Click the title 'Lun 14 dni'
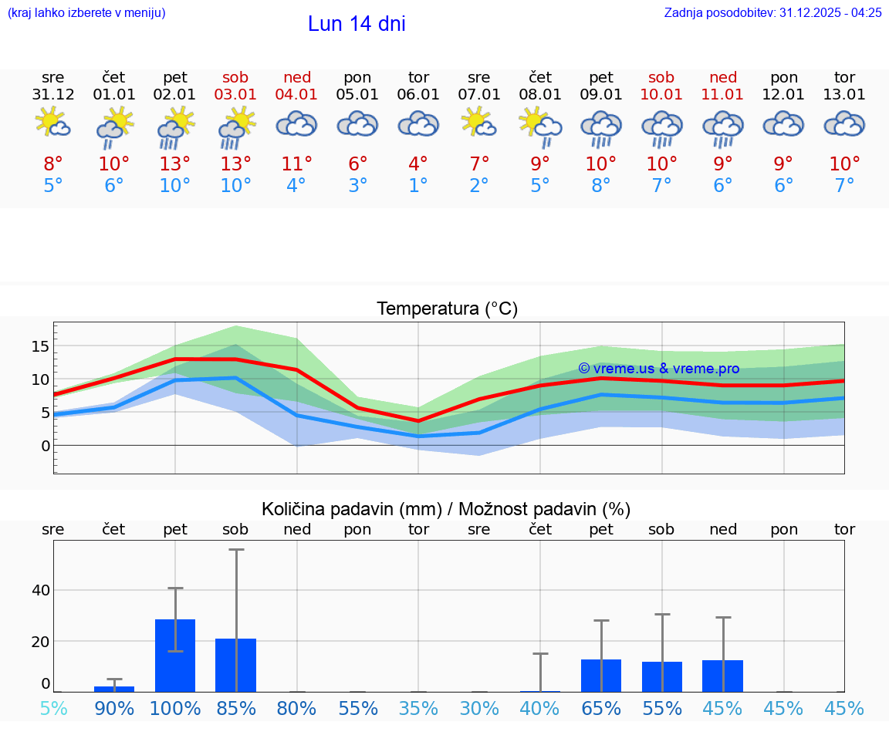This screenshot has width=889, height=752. click(357, 24)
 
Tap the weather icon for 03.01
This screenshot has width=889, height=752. click(236, 127)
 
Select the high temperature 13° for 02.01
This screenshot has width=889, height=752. click(175, 164)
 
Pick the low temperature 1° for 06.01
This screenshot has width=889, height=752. click(418, 185)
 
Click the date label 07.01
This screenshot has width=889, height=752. click(479, 95)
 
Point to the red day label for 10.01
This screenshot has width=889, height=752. click(661, 77)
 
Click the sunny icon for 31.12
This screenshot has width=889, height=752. click(53, 123)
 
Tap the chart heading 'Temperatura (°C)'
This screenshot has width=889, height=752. click(447, 309)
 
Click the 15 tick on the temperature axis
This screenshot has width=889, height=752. click(40, 346)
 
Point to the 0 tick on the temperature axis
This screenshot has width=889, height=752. click(46, 446)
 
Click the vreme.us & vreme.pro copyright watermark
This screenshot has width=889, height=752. click(658, 369)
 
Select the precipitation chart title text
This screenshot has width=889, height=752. click(446, 509)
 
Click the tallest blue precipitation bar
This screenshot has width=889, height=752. click(175, 655)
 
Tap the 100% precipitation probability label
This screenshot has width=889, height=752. click(175, 708)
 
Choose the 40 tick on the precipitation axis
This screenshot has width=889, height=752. click(40, 591)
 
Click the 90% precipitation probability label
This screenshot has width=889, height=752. click(114, 708)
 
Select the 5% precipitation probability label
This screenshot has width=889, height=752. click(53, 708)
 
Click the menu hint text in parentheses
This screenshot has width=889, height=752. click(86, 12)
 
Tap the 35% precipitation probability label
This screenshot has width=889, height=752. click(418, 708)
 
